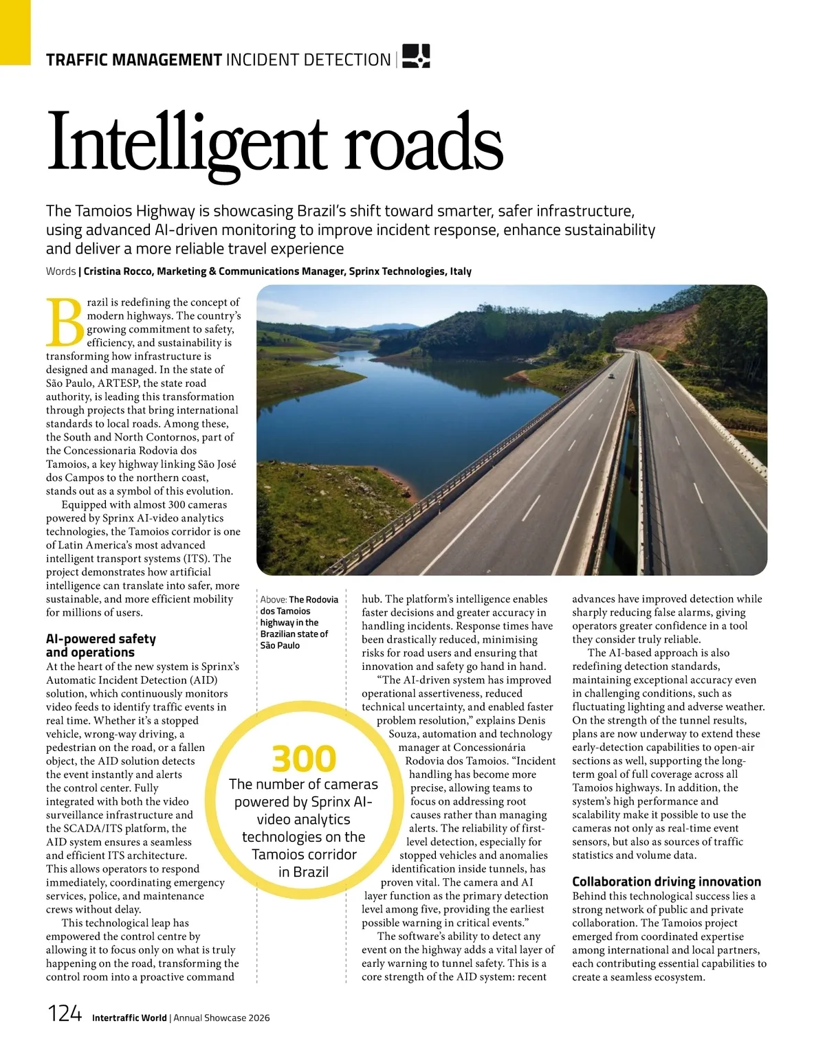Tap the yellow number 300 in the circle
(304, 759)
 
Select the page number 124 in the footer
(64, 1014)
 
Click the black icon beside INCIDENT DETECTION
(416, 56)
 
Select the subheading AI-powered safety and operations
(101, 645)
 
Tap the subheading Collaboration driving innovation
(666, 882)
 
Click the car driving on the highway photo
(611, 376)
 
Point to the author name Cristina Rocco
(119, 271)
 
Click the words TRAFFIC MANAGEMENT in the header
(133, 60)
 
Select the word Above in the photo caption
(273, 600)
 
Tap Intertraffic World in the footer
(129, 1018)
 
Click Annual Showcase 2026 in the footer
(221, 1018)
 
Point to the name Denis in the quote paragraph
(529, 720)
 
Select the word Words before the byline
(60, 271)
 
